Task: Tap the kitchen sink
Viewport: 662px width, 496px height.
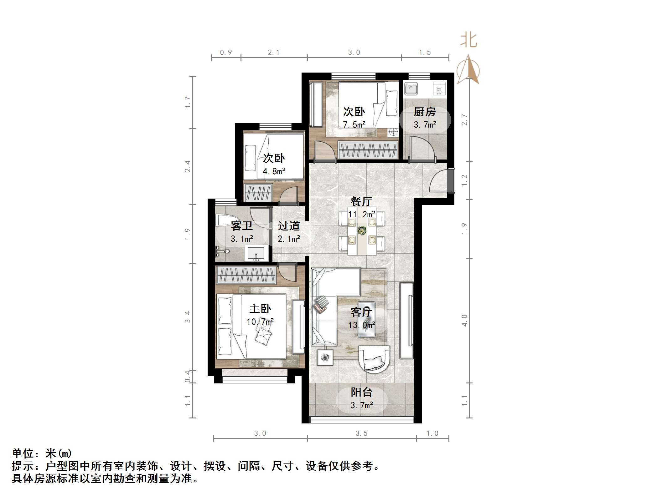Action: tap(411, 89)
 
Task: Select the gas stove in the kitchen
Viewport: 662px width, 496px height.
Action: tap(439, 89)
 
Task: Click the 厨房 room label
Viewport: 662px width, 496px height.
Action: tap(425, 112)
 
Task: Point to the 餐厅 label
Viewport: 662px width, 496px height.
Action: tap(361, 201)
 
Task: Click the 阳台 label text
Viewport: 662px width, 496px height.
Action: tap(361, 392)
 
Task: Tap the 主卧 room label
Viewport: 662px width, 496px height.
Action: tap(260, 309)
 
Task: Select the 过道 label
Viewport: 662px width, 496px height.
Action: tap(289, 226)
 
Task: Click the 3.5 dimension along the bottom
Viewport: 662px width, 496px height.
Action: tap(361, 433)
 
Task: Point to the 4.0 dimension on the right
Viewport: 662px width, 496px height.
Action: tap(464, 320)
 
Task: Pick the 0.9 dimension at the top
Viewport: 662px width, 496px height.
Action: tap(226, 53)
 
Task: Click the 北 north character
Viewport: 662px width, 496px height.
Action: tap(468, 41)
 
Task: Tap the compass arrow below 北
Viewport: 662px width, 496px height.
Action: tap(468, 70)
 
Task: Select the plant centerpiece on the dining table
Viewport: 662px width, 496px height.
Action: tap(362, 231)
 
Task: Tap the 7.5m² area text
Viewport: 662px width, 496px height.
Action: tap(354, 125)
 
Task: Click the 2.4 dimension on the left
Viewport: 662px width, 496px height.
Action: tap(188, 166)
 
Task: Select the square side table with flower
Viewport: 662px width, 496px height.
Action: tap(325, 357)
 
